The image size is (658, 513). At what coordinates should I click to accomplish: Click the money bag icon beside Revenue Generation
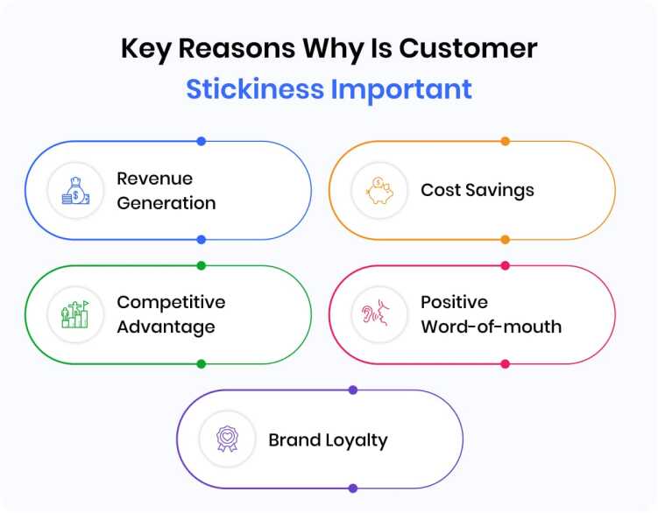[74, 190]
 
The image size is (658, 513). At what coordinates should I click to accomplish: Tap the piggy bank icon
[379, 190]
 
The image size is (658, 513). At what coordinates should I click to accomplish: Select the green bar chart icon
[74, 314]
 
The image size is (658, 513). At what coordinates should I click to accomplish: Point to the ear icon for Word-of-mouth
[379, 314]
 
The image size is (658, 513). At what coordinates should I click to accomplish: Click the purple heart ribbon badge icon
[226, 439]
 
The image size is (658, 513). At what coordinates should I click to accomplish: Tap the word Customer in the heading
[469, 48]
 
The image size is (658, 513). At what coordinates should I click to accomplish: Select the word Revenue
[155, 178]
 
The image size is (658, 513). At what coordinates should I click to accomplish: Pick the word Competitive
[171, 302]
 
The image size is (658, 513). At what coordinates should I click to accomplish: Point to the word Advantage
[166, 327]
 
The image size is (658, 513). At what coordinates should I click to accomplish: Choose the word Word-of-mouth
[491, 327]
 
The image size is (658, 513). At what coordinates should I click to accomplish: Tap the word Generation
[166, 203]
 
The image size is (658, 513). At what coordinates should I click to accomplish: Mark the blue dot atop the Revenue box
[201, 141]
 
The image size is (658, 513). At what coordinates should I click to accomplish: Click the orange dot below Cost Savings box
[505, 239]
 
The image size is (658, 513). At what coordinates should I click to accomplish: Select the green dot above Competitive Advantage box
[201, 265]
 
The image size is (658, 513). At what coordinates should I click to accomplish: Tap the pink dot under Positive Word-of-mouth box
[505, 363]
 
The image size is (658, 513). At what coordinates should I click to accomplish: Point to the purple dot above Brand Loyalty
[352, 390]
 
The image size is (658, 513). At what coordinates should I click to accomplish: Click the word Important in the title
[402, 88]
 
